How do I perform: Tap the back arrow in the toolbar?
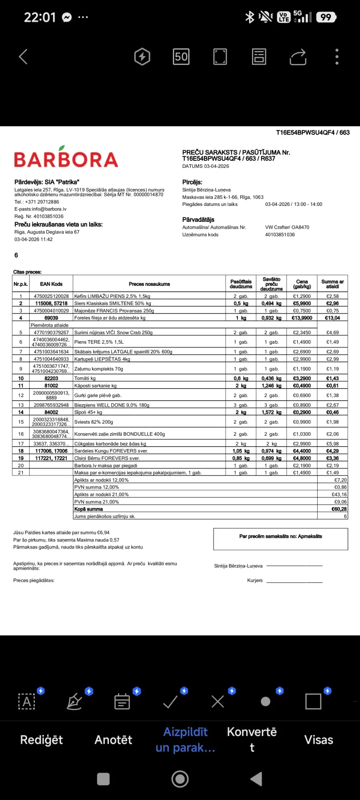coord(23,57)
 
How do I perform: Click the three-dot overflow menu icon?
coord(337,57)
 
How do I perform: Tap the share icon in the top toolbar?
coord(298,57)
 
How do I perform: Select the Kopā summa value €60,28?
coord(339,509)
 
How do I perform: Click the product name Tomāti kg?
coord(85,378)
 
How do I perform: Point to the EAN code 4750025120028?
coord(51,296)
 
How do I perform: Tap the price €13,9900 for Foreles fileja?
coord(302,318)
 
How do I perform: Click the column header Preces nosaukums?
coord(149,284)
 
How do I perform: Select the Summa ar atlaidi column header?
coord(332,284)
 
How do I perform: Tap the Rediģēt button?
coord(42,740)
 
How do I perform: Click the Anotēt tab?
coord(113,740)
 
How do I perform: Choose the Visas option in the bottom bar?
coord(318,740)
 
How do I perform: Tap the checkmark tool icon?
coord(170,702)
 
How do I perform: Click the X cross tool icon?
coord(218,702)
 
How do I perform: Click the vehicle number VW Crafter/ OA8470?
coord(287,227)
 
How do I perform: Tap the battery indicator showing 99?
coord(326,17)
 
